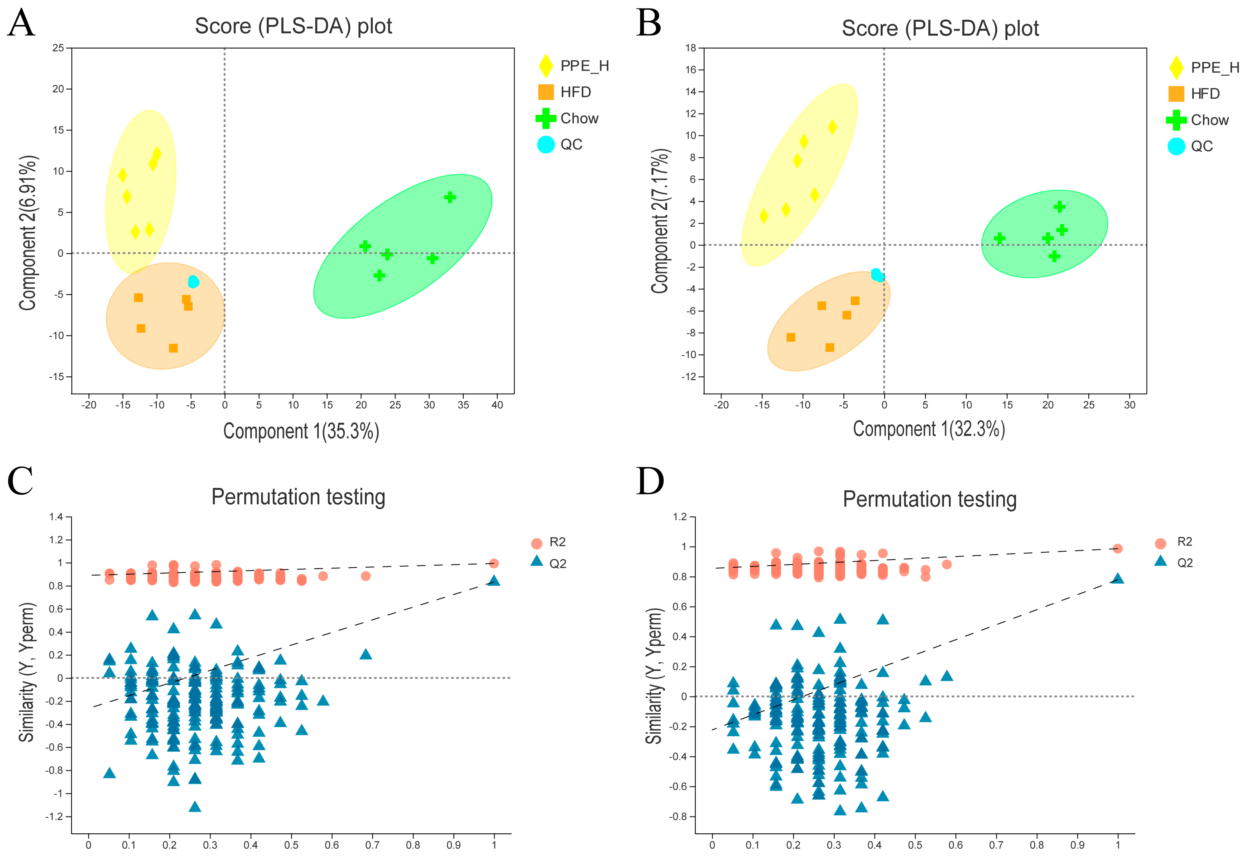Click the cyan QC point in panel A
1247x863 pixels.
(193, 282)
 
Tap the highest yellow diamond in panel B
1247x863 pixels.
(832, 127)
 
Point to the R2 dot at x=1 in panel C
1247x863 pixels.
(493, 563)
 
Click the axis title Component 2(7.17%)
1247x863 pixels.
(660, 221)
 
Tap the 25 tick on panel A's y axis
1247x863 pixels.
(58, 48)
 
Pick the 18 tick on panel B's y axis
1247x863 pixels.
(691, 48)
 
